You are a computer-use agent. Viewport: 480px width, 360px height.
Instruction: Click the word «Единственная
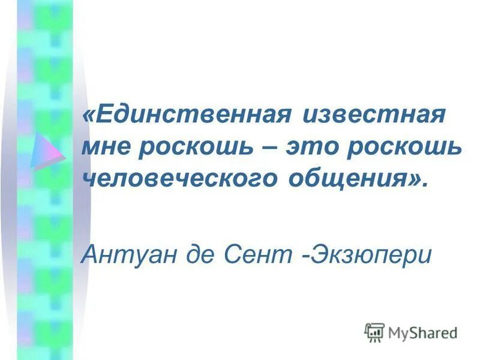(x=187, y=115)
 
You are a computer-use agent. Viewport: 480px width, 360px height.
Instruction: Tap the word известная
(x=377, y=115)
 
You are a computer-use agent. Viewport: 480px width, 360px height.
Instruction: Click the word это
(x=317, y=147)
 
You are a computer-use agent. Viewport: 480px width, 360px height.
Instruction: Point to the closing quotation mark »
(x=417, y=179)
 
